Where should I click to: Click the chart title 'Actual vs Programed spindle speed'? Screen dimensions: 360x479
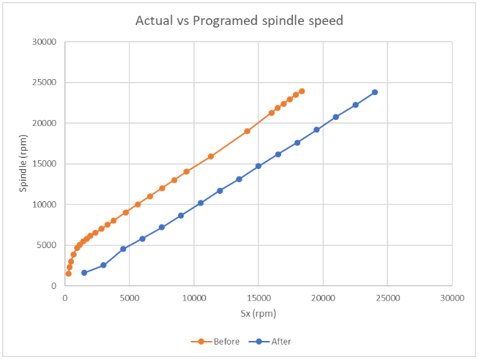click(x=239, y=20)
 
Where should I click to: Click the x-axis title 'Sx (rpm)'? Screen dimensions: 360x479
click(x=258, y=315)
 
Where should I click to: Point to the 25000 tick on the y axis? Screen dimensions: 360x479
click(x=45, y=83)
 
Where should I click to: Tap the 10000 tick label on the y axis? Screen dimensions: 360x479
click(x=45, y=205)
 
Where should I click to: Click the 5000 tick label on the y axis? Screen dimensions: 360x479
click(x=48, y=245)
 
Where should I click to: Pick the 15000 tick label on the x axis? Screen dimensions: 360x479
click(x=259, y=298)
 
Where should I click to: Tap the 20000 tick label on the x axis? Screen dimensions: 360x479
click(x=323, y=298)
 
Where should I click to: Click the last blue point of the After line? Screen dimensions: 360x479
click(x=375, y=92)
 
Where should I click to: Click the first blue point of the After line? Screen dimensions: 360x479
click(x=84, y=273)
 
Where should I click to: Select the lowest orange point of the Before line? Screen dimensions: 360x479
click(x=68, y=274)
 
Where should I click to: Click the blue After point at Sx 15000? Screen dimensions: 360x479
click(x=259, y=166)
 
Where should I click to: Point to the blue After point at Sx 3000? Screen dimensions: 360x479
click(x=103, y=266)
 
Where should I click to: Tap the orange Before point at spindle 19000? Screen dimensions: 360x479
click(x=248, y=131)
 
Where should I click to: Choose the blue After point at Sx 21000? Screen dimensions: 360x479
click(x=336, y=117)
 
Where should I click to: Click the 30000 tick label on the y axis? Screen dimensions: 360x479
click(x=45, y=42)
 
